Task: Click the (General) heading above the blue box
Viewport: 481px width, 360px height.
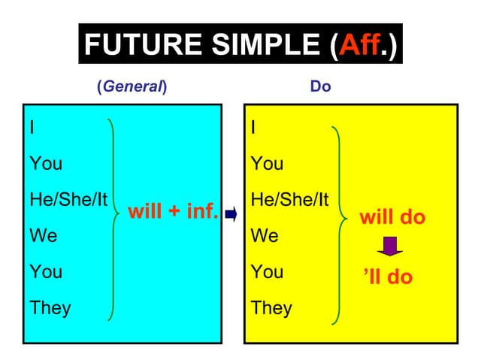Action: (132, 86)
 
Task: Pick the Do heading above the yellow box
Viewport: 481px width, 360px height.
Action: (320, 86)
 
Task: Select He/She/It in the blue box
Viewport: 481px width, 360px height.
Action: (68, 200)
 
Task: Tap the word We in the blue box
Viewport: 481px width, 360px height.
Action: (43, 236)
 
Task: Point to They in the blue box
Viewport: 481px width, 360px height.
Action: (50, 307)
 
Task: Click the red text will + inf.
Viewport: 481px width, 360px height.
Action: (174, 211)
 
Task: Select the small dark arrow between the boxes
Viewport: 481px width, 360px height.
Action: (231, 215)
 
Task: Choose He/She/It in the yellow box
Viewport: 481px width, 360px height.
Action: (289, 200)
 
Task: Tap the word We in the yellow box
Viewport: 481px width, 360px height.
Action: (265, 236)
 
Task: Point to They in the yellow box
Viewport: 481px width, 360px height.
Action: (271, 307)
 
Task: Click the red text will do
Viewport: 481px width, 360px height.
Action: (392, 218)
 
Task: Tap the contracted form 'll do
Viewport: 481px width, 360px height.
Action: (388, 277)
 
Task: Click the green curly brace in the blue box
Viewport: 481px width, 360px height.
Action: (114, 218)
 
